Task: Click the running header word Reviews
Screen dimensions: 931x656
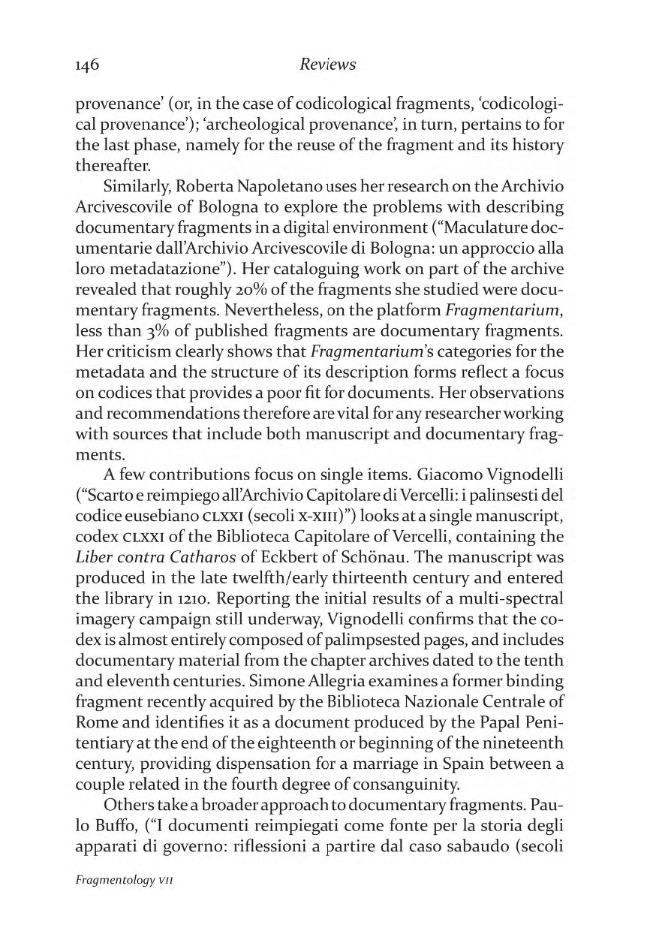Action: [x=327, y=65]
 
